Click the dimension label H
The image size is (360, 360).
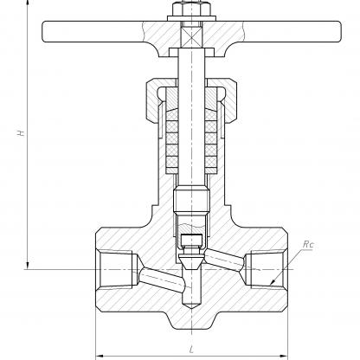pyautogui.click(x=21, y=133)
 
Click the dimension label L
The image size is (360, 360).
pyautogui.click(x=191, y=350)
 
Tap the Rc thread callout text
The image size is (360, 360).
pyautogui.click(x=308, y=245)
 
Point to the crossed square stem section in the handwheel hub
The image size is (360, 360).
pyautogui.click(x=191, y=35)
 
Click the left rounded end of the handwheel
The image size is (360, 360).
pyautogui.click(x=46, y=32)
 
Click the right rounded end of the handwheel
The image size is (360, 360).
pyautogui.click(x=337, y=32)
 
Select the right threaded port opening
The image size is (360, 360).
pyautogui.click(x=267, y=269)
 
